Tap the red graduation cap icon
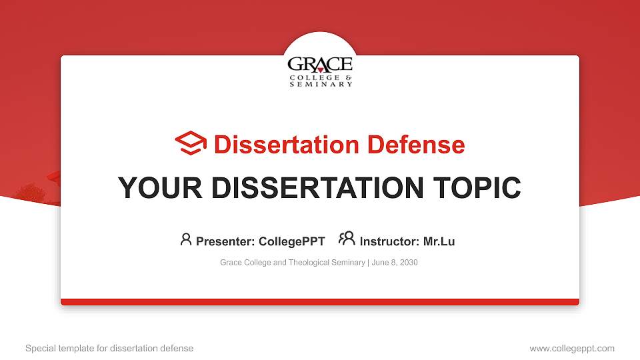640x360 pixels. pos(191,144)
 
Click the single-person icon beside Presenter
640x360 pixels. pos(186,239)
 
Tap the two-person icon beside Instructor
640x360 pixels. pos(347,239)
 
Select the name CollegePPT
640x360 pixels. pos(291,241)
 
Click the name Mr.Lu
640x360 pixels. pos(439,241)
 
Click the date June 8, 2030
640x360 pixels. pos(395,263)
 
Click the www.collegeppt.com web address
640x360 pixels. pos(572,348)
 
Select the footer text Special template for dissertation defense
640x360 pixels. pos(109,348)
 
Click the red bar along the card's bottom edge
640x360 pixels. pos(320,302)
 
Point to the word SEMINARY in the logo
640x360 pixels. pos(321,85)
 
